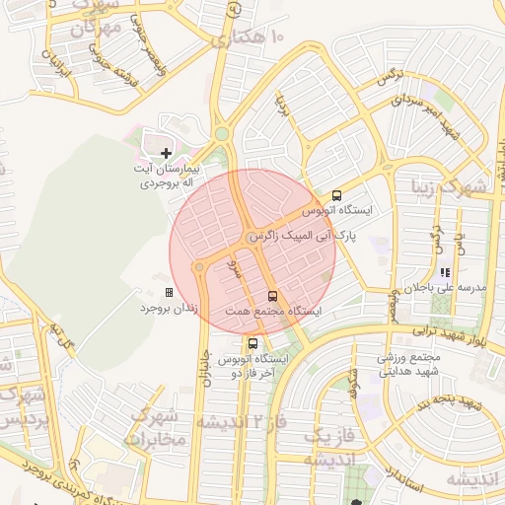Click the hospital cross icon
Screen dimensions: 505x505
(x=166, y=152)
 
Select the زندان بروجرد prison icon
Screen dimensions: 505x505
(x=169, y=293)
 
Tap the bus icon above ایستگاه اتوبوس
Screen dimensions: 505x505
(x=337, y=195)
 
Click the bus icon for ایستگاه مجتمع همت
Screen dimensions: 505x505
(x=272, y=295)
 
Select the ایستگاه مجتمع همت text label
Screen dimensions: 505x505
(x=287, y=311)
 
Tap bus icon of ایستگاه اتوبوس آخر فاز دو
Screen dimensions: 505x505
(x=253, y=343)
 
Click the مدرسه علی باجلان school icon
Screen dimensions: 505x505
(x=445, y=272)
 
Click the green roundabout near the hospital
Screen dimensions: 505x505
(x=222, y=134)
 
